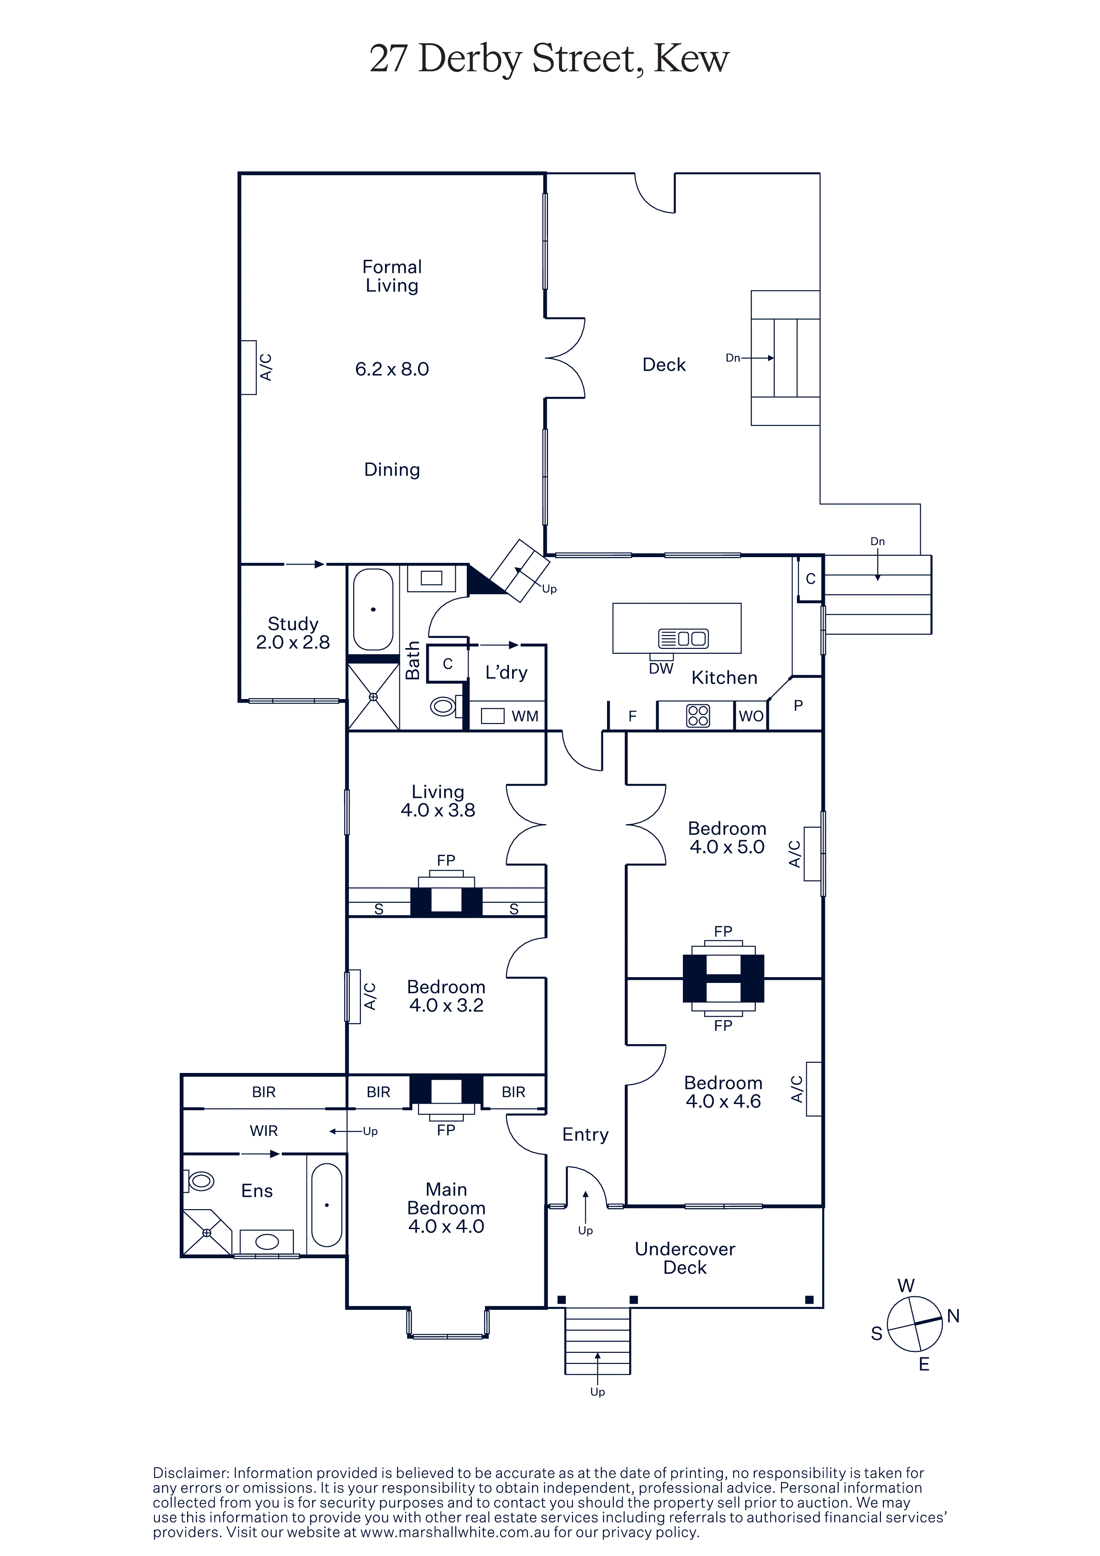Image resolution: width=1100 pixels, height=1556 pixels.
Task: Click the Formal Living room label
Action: point(392,276)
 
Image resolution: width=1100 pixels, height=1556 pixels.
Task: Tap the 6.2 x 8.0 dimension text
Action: point(392,369)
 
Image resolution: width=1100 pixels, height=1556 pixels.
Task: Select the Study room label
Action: point(293,624)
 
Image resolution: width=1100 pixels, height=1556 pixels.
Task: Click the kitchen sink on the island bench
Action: point(683,638)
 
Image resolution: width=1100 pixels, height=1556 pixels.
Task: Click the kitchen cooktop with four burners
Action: point(698,715)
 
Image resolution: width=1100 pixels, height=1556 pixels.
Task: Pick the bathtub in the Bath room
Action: point(373,610)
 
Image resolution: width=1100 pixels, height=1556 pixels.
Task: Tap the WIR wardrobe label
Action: point(264,1130)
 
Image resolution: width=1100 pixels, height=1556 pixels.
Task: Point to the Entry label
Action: point(586,1135)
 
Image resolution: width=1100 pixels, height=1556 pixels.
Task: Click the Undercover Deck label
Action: point(685,1258)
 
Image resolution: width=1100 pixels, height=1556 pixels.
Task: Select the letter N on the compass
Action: point(954,1316)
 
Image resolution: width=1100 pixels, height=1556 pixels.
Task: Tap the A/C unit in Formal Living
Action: point(249,367)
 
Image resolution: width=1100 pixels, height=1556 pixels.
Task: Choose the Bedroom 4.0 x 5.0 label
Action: point(727,837)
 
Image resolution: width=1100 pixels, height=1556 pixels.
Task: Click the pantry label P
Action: point(798,706)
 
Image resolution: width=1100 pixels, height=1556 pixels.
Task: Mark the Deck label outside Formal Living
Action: point(664,365)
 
